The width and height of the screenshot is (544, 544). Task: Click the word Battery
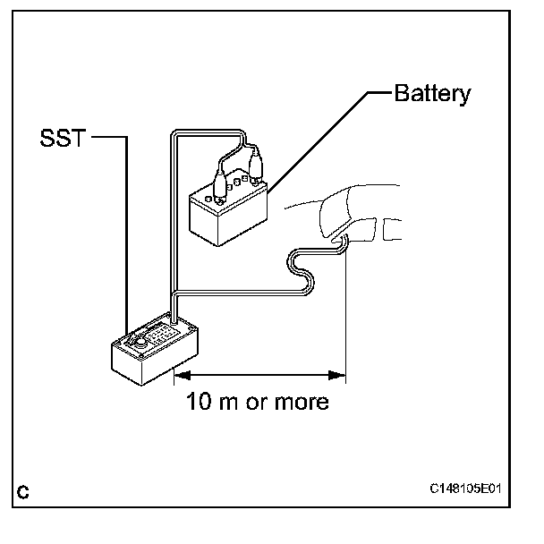[x=432, y=94]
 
